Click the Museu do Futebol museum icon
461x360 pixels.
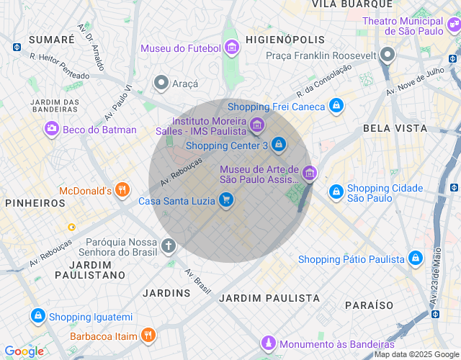(x=231, y=48)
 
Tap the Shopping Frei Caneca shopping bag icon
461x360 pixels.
(x=336, y=107)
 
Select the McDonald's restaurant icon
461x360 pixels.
(x=122, y=191)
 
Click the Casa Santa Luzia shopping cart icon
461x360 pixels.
(x=226, y=200)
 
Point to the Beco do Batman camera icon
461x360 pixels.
(x=51, y=130)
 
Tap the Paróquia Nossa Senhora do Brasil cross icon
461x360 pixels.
(x=169, y=247)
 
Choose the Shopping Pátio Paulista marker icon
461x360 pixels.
(x=415, y=258)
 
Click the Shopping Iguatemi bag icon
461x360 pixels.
(x=38, y=316)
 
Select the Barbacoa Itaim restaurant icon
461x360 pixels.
(x=148, y=335)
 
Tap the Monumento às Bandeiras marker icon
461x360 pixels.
(x=269, y=343)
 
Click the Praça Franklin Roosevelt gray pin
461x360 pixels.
(x=388, y=55)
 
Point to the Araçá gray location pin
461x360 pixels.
(x=161, y=84)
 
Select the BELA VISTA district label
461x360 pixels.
(x=395, y=128)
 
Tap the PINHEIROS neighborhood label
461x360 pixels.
(x=35, y=203)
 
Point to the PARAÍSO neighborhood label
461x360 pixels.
(x=369, y=306)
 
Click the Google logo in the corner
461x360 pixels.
(x=24, y=351)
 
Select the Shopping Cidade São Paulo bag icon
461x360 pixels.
(x=336, y=192)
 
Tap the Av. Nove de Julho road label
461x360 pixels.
(x=413, y=81)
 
